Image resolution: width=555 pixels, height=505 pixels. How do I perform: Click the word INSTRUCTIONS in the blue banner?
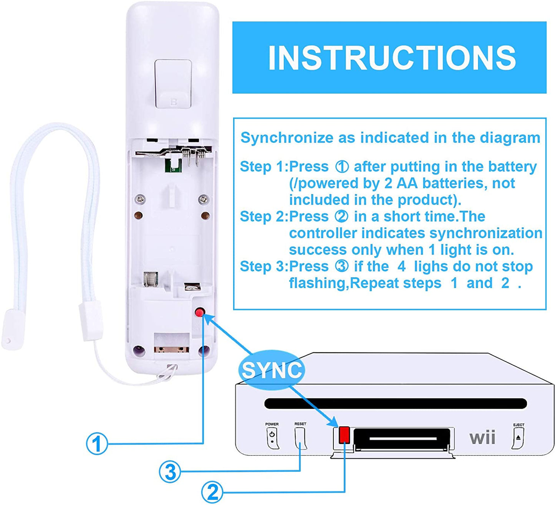click(x=391, y=58)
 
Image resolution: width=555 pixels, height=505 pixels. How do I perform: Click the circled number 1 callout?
click(x=96, y=444)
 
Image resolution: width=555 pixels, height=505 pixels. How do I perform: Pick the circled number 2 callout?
click(x=212, y=492)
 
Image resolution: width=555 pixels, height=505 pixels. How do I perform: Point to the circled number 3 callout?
click(x=170, y=472)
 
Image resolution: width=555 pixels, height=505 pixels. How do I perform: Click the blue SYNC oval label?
click(x=272, y=370)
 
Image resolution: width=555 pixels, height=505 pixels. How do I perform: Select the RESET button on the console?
click(x=300, y=437)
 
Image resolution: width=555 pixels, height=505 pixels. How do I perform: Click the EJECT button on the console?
click(x=518, y=438)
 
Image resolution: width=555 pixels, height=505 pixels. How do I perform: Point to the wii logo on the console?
click(x=482, y=438)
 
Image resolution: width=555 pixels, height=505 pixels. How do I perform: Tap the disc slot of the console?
click(x=396, y=404)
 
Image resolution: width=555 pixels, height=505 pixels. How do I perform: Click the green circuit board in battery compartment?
click(x=172, y=166)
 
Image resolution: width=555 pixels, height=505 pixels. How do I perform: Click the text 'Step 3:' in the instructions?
click(x=263, y=266)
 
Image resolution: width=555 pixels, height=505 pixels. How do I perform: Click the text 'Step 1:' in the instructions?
click(x=263, y=167)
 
